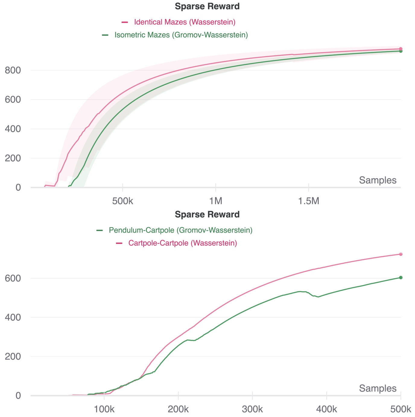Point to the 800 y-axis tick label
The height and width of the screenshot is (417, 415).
[13, 71]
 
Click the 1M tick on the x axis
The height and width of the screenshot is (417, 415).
[216, 201]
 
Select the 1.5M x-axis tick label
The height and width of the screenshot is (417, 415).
[308, 201]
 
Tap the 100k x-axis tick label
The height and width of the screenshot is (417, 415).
[104, 409]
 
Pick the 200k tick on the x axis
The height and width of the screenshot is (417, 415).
[178, 409]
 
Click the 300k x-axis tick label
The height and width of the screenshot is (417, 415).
[252, 409]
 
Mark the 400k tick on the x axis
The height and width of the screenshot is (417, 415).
[327, 409]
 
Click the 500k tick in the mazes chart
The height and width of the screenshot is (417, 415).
[123, 201]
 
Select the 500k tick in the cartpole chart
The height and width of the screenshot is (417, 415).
[401, 409]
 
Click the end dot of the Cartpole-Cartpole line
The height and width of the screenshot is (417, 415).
[401, 254]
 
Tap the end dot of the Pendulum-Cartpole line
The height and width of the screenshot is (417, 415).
[401, 277]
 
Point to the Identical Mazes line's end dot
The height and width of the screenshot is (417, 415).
[401, 49]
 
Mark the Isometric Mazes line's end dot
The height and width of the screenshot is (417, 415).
[401, 51]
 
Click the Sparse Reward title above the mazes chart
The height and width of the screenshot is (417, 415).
[207, 6]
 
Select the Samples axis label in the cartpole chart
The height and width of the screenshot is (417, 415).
[378, 388]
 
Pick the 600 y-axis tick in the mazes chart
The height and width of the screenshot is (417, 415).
[13, 100]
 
